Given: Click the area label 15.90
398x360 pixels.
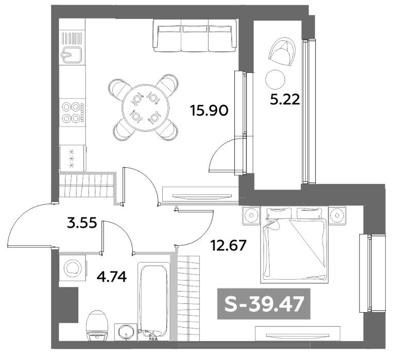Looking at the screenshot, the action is pos(210,111).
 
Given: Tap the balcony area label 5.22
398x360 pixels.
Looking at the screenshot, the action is pos(285,99).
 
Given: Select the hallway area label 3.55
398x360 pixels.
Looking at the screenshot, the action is pos(82,223).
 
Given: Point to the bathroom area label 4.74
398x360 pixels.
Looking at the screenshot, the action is pos(112,277).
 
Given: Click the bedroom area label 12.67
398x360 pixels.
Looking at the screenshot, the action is pos(229,245).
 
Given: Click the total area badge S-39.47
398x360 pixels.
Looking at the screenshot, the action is pos(264,304).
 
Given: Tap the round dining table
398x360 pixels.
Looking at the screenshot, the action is pos(146,107).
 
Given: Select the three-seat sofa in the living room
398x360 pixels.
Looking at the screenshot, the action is pos(195,35).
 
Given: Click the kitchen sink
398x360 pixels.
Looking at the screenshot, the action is pos(72,55).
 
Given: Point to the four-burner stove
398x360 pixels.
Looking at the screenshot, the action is pos(73,112).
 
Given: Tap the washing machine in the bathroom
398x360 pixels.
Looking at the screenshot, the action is pos(73,268).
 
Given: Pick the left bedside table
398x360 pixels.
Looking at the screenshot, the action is pos(252,215).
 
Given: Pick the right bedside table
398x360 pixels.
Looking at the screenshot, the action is pos(337,215).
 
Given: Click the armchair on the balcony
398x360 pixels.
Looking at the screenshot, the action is pos(283,51).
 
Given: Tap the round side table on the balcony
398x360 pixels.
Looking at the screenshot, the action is pos(275,79).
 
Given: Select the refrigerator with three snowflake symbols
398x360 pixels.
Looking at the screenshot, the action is pos(73,158).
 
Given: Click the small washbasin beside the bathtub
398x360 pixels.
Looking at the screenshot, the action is pos(126,332).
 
